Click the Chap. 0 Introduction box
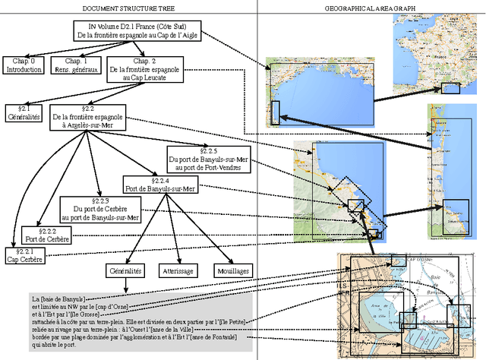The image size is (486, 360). pyautogui.click(x=25, y=65)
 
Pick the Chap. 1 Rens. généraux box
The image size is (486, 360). pyautogui.click(x=76, y=65)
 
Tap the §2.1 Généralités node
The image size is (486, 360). pyautogui.click(x=24, y=113)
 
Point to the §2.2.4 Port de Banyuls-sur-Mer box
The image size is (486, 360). pyautogui.click(x=159, y=185)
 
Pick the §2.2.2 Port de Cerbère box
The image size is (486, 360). pyautogui.click(x=47, y=235)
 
